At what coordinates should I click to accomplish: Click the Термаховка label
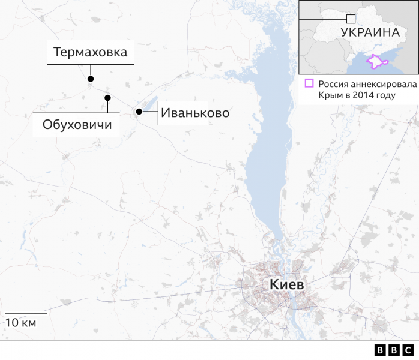tap(91, 52)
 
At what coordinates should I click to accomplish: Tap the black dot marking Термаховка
tap(91, 79)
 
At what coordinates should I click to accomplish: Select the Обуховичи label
tap(77, 125)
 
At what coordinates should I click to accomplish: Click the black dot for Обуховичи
tap(107, 98)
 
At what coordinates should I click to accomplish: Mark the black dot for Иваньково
tap(139, 112)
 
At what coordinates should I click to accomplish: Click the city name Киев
tap(286, 285)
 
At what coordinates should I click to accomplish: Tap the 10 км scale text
tap(21, 323)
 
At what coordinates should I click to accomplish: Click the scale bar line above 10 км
tap(26, 313)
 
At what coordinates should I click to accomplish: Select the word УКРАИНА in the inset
tap(370, 32)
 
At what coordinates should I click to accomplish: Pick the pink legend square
tap(309, 84)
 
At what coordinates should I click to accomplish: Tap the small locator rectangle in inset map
tap(351, 19)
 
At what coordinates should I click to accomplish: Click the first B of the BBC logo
tap(381, 350)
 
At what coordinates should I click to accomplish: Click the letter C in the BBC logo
tap(408, 350)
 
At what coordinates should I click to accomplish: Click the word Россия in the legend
tap(333, 85)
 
